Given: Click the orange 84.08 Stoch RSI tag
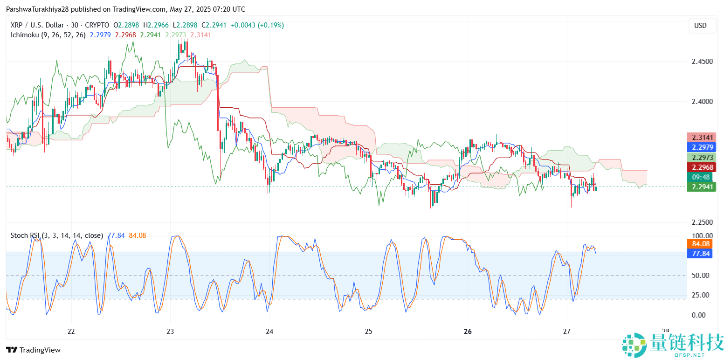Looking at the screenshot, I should (x=700, y=243).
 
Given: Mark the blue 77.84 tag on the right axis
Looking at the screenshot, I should (x=700, y=253).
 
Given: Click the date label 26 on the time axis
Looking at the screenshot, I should (x=468, y=332).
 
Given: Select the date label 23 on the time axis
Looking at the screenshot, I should (x=170, y=332).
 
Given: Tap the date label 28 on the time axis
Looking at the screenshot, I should (x=666, y=332).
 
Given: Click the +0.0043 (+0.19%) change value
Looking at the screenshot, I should (x=259, y=25).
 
